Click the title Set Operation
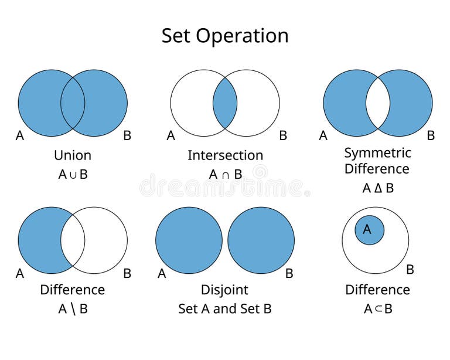point(225,36)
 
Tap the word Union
point(73,155)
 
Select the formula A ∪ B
point(73,174)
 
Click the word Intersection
point(225,155)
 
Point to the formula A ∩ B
point(225,174)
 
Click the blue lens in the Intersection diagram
point(225,103)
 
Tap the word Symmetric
point(377,153)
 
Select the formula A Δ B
point(377,188)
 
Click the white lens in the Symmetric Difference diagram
point(378,103)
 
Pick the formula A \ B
point(73,309)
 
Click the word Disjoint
point(225,290)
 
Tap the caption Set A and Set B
point(225,309)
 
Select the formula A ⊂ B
point(377,309)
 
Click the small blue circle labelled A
point(369,230)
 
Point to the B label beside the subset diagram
point(410,270)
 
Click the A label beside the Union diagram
point(20,136)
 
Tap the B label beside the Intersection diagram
point(283,136)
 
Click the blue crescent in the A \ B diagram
point(39,240)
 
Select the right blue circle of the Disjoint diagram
point(261,240)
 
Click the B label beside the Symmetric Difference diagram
point(431,136)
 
